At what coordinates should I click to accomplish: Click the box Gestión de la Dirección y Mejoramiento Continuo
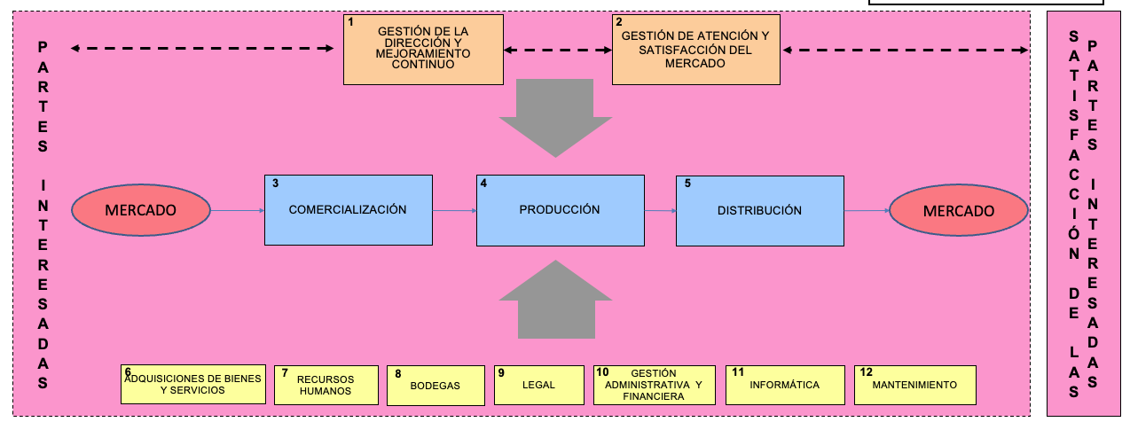pyautogui.click(x=422, y=50)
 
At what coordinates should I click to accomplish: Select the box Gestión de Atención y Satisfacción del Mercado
pyautogui.click(x=696, y=50)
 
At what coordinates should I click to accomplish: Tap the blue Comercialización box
pyautogui.click(x=349, y=210)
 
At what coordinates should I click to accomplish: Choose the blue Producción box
pyautogui.click(x=560, y=210)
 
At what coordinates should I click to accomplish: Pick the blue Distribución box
pyautogui.click(x=759, y=210)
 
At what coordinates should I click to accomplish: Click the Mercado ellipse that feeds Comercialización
pyautogui.click(x=141, y=210)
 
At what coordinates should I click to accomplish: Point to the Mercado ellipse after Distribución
pyautogui.click(x=959, y=211)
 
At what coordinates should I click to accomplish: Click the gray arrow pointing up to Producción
pyautogui.click(x=555, y=300)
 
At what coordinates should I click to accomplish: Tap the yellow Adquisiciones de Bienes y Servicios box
pyautogui.click(x=192, y=384)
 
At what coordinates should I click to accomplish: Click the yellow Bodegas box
pyautogui.click(x=436, y=385)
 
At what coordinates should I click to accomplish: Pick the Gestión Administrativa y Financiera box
pyautogui.click(x=654, y=385)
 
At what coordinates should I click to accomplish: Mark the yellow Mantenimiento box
pyautogui.click(x=915, y=385)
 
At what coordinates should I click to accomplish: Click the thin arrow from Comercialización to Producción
pyautogui.click(x=455, y=211)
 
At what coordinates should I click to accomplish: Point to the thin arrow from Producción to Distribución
pyautogui.click(x=659, y=211)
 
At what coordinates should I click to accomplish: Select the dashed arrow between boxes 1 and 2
pyautogui.click(x=556, y=50)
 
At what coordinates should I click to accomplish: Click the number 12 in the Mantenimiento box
pyautogui.click(x=866, y=372)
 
